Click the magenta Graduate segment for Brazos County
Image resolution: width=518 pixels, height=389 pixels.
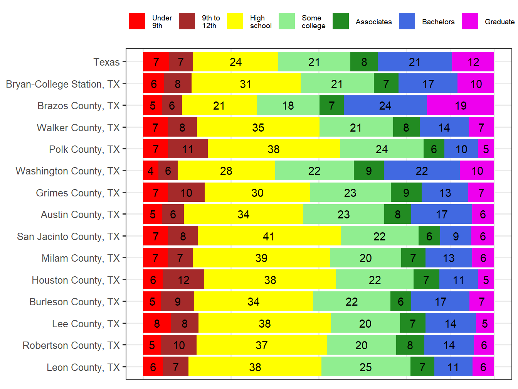click(460, 105)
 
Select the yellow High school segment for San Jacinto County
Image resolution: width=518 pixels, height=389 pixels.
click(269, 236)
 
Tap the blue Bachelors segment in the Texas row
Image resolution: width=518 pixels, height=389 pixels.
click(415, 62)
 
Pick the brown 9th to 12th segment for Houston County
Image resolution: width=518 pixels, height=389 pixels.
click(183, 280)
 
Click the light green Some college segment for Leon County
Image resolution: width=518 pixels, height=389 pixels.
click(365, 367)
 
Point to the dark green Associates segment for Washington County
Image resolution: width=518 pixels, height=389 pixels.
click(368, 171)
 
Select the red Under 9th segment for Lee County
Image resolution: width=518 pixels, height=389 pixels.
click(157, 323)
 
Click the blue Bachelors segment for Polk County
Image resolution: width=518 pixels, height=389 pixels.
click(461, 149)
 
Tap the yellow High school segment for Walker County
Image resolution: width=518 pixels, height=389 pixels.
click(258, 127)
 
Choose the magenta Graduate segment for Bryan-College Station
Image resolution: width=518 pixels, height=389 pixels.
click(476, 84)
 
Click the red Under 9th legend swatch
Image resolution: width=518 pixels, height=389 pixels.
click(137, 21)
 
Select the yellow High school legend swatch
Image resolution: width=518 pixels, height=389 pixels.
click(235, 21)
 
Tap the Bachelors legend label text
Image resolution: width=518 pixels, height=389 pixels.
click(438, 22)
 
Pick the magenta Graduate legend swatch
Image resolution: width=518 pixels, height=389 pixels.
click(469, 21)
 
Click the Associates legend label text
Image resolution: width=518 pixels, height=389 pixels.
click(373, 22)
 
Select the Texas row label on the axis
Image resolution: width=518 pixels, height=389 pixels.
click(106, 62)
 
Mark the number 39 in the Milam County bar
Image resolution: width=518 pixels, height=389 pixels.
click(261, 258)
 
